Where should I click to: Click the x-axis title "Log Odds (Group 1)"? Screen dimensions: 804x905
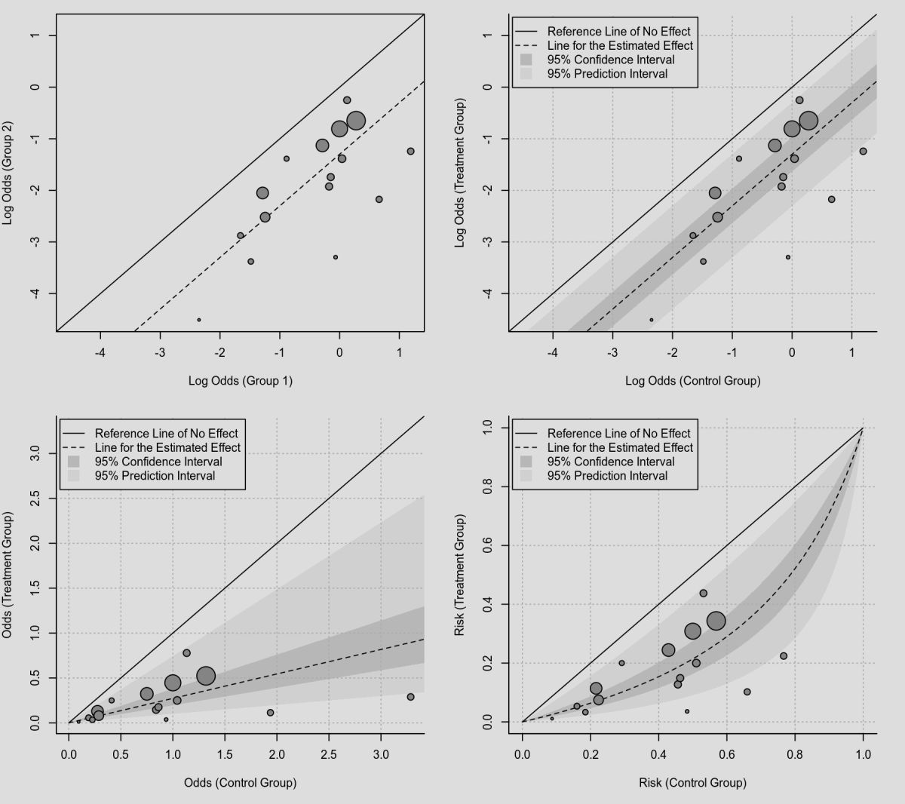click(240, 381)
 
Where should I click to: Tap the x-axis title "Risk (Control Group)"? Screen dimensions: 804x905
click(692, 782)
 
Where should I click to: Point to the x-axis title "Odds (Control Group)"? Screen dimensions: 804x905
click(240, 782)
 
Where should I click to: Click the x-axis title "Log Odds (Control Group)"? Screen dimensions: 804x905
click(692, 381)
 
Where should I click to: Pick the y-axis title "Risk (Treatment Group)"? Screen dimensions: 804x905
click(459, 575)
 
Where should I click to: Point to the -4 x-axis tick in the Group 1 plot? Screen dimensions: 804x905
click(100, 352)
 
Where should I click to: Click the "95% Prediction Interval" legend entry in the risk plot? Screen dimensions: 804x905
click(607, 476)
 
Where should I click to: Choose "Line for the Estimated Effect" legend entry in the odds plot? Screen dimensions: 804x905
click(167, 447)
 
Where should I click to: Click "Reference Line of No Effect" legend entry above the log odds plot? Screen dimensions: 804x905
click(618, 32)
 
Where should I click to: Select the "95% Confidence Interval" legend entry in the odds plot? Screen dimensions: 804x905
click(158, 462)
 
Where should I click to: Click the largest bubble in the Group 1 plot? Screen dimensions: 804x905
click(356, 121)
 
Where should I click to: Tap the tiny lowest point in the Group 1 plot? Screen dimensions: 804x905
click(199, 320)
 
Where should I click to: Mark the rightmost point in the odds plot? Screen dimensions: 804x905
click(411, 697)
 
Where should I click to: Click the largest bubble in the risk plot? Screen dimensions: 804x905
click(716, 621)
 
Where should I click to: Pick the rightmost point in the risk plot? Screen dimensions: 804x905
click(784, 656)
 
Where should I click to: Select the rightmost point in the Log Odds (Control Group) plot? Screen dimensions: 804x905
click(863, 152)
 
